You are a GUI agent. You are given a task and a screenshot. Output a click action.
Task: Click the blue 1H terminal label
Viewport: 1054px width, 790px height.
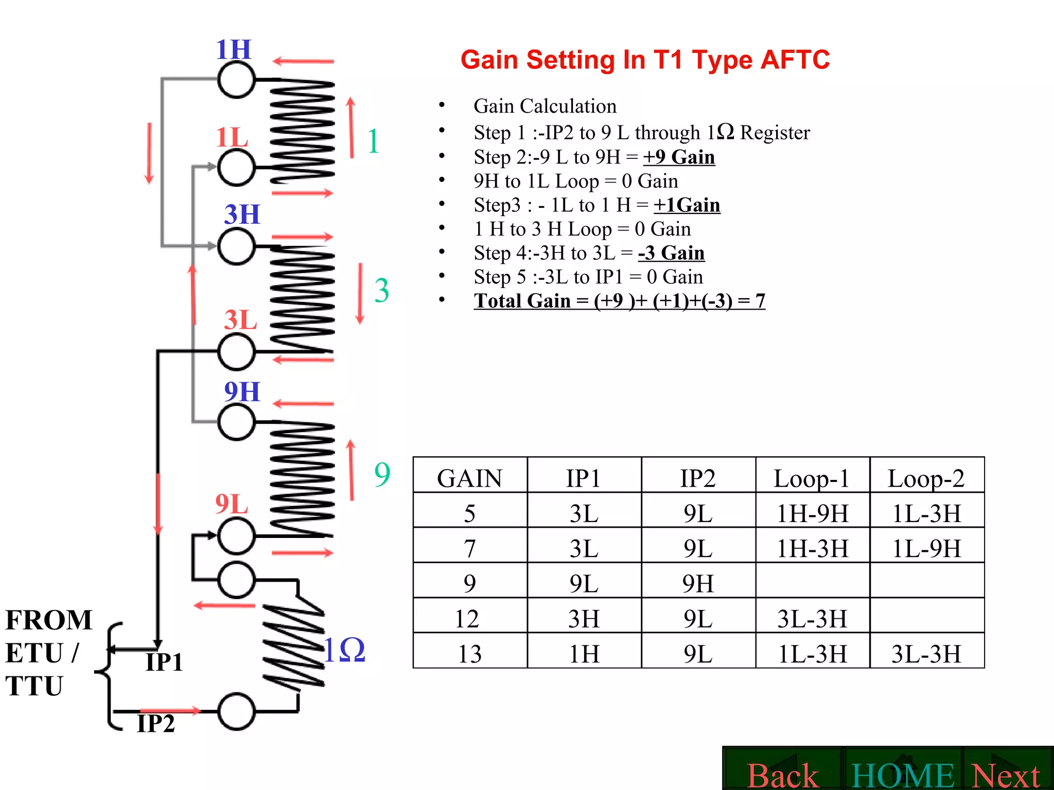pos(234,50)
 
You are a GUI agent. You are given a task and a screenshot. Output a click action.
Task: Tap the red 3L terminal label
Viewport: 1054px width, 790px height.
pos(240,320)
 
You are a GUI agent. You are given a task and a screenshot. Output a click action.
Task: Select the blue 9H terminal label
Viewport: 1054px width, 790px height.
pos(242,392)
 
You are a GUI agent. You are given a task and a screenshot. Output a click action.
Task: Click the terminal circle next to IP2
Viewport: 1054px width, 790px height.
pos(236,712)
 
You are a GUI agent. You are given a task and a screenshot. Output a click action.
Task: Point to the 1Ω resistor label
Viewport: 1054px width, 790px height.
pos(345,650)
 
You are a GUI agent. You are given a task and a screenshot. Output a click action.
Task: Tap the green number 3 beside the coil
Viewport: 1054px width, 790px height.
pos(381,291)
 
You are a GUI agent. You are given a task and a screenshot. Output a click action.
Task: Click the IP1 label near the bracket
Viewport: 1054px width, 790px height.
pos(164,662)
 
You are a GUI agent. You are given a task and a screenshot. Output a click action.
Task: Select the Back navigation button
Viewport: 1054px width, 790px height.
pos(782,775)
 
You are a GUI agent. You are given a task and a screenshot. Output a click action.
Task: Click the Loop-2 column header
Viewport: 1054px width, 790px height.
pos(926,478)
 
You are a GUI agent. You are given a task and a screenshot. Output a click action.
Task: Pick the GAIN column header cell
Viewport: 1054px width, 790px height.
pos(469,478)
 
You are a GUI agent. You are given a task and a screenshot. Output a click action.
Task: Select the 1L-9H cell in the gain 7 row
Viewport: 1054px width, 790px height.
pos(926,548)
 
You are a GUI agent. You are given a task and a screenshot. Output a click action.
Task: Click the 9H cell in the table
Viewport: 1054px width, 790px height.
pos(698,584)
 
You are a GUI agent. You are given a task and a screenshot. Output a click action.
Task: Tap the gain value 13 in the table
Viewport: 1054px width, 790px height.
pos(469,654)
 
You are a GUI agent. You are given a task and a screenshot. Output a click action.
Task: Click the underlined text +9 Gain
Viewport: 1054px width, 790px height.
pos(679,157)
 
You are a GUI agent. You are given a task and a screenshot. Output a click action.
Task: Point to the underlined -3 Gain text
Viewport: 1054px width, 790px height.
pos(671,253)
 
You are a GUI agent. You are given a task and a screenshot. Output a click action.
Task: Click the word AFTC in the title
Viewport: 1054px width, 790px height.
pos(795,60)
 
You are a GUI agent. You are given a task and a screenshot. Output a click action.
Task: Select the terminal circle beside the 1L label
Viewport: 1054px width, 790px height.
pos(236,168)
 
